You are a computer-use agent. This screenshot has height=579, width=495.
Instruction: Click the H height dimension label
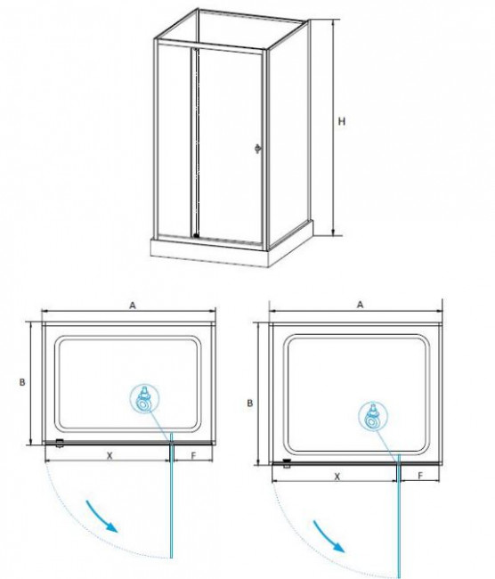342,121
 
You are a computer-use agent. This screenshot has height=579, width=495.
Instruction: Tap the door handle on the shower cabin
258,148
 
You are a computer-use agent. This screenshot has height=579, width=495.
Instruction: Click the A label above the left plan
133,305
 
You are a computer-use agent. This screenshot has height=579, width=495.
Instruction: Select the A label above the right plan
361,305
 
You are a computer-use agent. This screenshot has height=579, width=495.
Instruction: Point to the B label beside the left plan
22,382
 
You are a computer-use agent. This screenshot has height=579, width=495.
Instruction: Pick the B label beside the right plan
250,403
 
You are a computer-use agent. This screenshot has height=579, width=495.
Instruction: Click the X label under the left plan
110,456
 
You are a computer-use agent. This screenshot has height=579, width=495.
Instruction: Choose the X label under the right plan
337,477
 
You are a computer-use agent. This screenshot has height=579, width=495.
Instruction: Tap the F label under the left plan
193,456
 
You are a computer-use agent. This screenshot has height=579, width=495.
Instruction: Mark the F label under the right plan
420,476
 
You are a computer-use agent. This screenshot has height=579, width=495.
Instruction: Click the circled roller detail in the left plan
145,398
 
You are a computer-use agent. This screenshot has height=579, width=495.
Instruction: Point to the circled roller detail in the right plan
373,416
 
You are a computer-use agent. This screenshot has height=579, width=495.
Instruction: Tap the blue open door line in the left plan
172,501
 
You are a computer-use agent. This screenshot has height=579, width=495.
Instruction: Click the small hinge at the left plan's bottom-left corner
59,443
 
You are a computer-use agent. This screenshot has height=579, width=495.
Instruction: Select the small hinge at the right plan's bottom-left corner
287,463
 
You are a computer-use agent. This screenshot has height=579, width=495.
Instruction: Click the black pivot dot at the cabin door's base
196,235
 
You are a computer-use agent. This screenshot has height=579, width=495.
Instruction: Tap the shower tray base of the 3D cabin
231,248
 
